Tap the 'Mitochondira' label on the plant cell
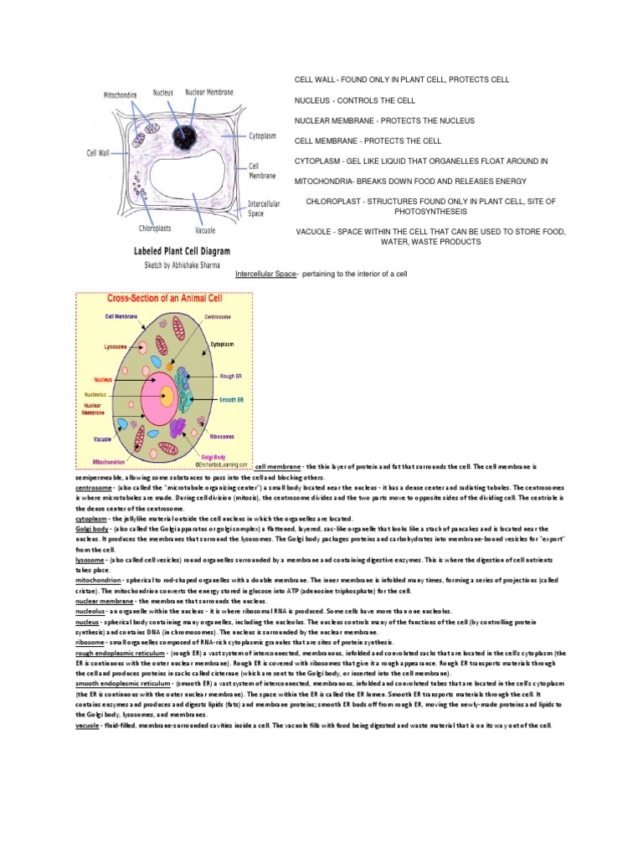(121, 95)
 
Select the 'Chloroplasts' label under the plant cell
(157, 228)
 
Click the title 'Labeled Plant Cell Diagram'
(183, 250)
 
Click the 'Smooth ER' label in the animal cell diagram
(231, 400)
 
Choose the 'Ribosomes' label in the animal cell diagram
(222, 436)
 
